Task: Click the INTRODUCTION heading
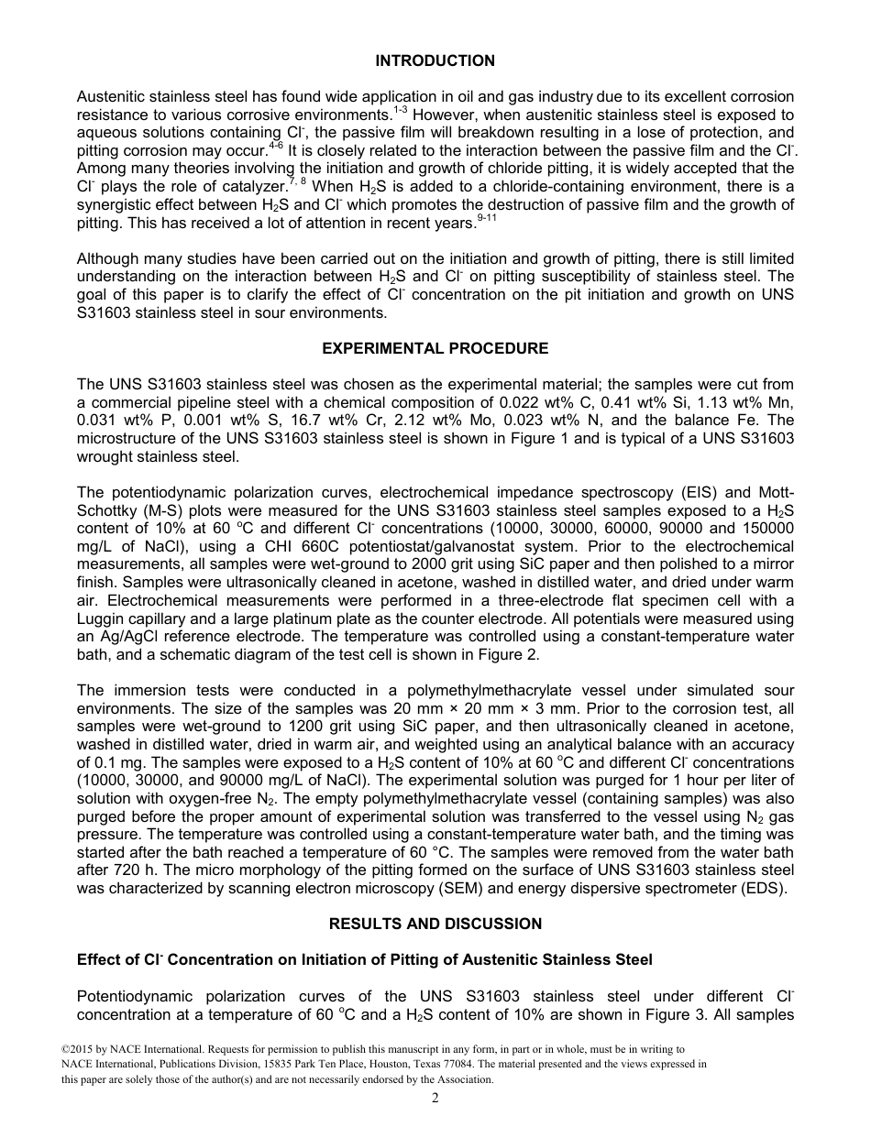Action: coord(435,61)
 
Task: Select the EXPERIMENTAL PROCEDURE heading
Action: coord(435,349)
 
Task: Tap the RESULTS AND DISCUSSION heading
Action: coord(435,924)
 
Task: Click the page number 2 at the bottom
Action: coord(435,1099)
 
